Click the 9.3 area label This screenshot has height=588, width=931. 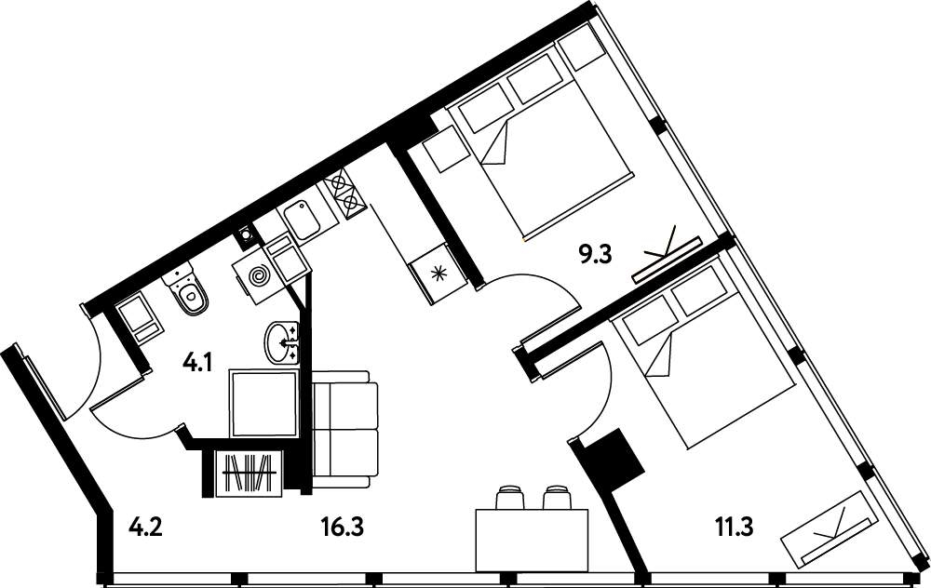[x=595, y=256]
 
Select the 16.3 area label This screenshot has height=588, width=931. [x=342, y=526]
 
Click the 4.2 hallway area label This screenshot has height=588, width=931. [x=145, y=526]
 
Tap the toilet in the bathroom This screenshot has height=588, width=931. [x=187, y=290]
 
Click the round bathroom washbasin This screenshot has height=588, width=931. [x=282, y=342]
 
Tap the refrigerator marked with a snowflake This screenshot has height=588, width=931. [x=439, y=273]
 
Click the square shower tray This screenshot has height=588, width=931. [x=263, y=404]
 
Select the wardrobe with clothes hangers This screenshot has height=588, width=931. [x=250, y=473]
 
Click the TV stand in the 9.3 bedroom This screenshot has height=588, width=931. [x=668, y=260]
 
